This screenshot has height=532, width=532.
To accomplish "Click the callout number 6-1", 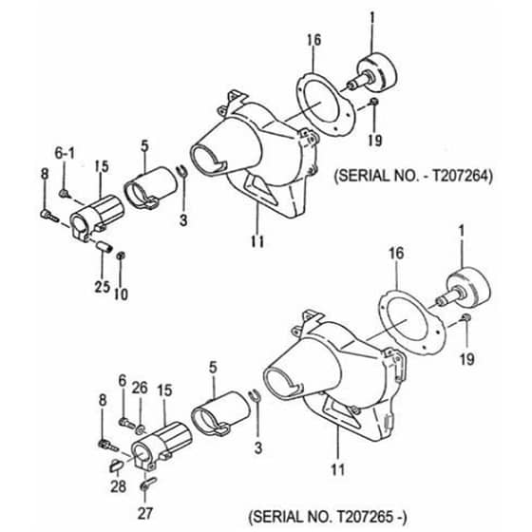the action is click(65, 154).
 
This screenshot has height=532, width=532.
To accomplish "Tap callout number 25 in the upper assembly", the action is click(103, 287).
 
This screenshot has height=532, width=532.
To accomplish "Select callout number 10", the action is click(122, 294).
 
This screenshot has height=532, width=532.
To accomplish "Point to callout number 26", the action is click(140, 388).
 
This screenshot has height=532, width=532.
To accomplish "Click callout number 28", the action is click(118, 486).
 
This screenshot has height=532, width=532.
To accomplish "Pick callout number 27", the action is click(145, 513).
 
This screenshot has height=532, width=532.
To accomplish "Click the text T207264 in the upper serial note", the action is click(461, 176).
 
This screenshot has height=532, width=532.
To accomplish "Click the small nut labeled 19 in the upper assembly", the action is click(374, 102).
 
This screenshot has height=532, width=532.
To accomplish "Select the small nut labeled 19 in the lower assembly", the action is click(466, 317).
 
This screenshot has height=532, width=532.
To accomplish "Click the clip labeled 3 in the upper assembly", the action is click(182, 170).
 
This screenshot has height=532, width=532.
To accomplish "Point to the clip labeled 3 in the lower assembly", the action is click(255, 395).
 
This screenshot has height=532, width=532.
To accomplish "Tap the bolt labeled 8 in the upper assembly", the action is click(49, 217).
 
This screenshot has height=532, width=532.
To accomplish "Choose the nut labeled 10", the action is click(120, 256).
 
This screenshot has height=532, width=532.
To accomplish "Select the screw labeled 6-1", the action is click(65, 194).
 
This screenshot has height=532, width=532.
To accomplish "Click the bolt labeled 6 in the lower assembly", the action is click(127, 424).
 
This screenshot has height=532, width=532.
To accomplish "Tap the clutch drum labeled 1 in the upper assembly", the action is click(376, 72).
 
